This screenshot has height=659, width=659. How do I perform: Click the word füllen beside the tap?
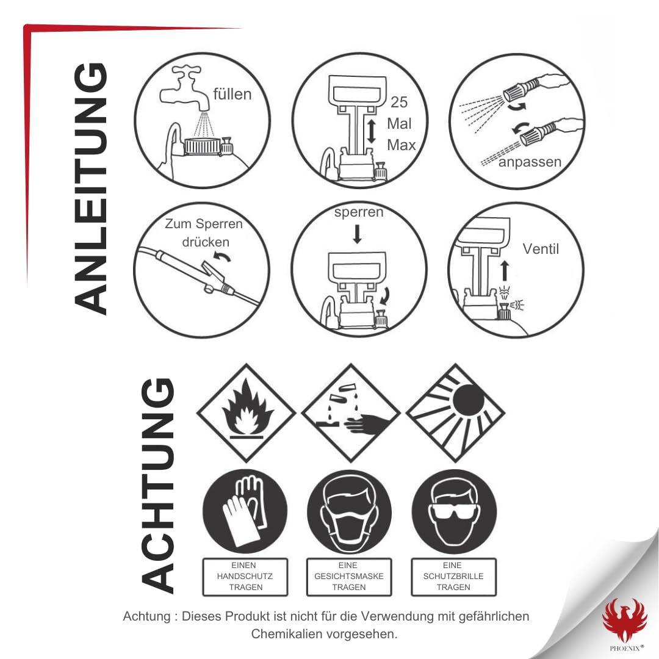232,94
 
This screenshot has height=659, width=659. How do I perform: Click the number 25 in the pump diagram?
399,102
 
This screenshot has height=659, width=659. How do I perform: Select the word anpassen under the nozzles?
530,162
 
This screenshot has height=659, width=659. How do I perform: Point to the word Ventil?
541,249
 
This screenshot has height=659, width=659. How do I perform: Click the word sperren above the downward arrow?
359,212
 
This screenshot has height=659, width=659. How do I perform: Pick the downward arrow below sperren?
357,234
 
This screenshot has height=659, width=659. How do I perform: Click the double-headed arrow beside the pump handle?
372,131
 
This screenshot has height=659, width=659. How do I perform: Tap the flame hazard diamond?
247,412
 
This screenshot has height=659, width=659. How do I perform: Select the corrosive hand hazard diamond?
350,412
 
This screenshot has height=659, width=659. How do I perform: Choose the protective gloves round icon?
245,512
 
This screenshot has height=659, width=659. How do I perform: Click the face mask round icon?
349,512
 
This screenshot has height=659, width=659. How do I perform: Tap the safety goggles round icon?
454,512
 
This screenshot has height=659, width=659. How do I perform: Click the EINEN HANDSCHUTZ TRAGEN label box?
245,577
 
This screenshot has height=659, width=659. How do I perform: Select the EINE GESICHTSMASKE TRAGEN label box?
349,577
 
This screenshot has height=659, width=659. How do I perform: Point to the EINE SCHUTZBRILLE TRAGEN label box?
453,577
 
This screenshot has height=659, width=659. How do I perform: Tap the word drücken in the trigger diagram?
206,242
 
